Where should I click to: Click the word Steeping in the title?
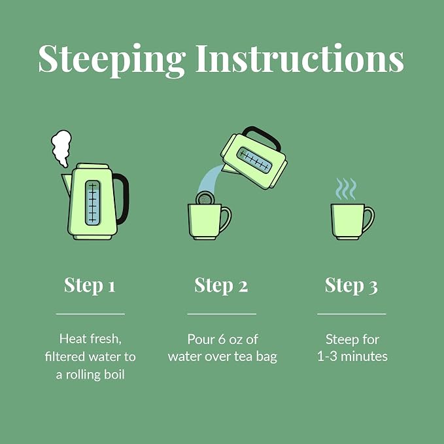click(x=112, y=60)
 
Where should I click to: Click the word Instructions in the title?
click(x=299, y=58)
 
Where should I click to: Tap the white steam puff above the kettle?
click(x=61, y=148)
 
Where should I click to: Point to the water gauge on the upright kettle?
click(x=93, y=203)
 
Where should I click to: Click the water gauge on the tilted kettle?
click(x=254, y=160)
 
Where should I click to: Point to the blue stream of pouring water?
click(x=211, y=179)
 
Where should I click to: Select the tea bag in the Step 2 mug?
click(x=205, y=198)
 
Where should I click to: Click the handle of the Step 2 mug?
click(x=226, y=220)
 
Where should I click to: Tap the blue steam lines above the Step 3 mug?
click(x=345, y=189)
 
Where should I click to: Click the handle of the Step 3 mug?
click(x=368, y=220)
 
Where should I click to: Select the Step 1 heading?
click(x=90, y=285)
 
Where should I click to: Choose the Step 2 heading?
click(x=221, y=285)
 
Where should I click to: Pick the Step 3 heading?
click(x=351, y=285)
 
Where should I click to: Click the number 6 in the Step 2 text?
click(x=222, y=339)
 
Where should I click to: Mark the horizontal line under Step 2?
click(x=222, y=314)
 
